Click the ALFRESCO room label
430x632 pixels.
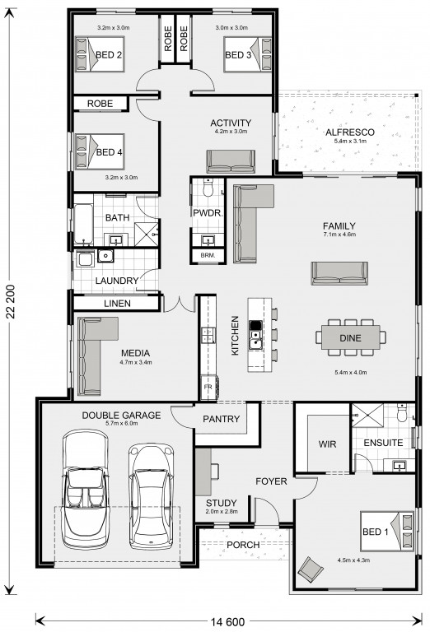click(x=350, y=132)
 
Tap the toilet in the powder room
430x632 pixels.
click(x=208, y=188)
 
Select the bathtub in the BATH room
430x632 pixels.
click(x=83, y=224)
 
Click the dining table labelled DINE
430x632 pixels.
click(x=350, y=337)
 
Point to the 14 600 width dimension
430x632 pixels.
click(x=227, y=622)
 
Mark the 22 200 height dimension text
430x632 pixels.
click(x=11, y=301)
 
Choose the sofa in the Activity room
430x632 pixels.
click(x=231, y=161)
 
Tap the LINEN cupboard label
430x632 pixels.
click(x=117, y=304)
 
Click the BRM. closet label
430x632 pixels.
click(x=208, y=255)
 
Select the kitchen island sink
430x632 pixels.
click(x=255, y=340)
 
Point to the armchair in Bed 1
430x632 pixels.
click(x=311, y=569)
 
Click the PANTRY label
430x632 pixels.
click(x=221, y=419)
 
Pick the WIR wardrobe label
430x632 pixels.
click(x=327, y=444)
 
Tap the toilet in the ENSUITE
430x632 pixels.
click(x=402, y=413)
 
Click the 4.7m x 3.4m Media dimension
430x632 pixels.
click(x=136, y=362)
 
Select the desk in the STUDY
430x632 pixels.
click(x=203, y=472)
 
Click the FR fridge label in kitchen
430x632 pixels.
click(x=208, y=387)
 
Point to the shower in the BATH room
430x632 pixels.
click(x=146, y=234)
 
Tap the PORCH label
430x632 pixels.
click(x=243, y=545)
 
